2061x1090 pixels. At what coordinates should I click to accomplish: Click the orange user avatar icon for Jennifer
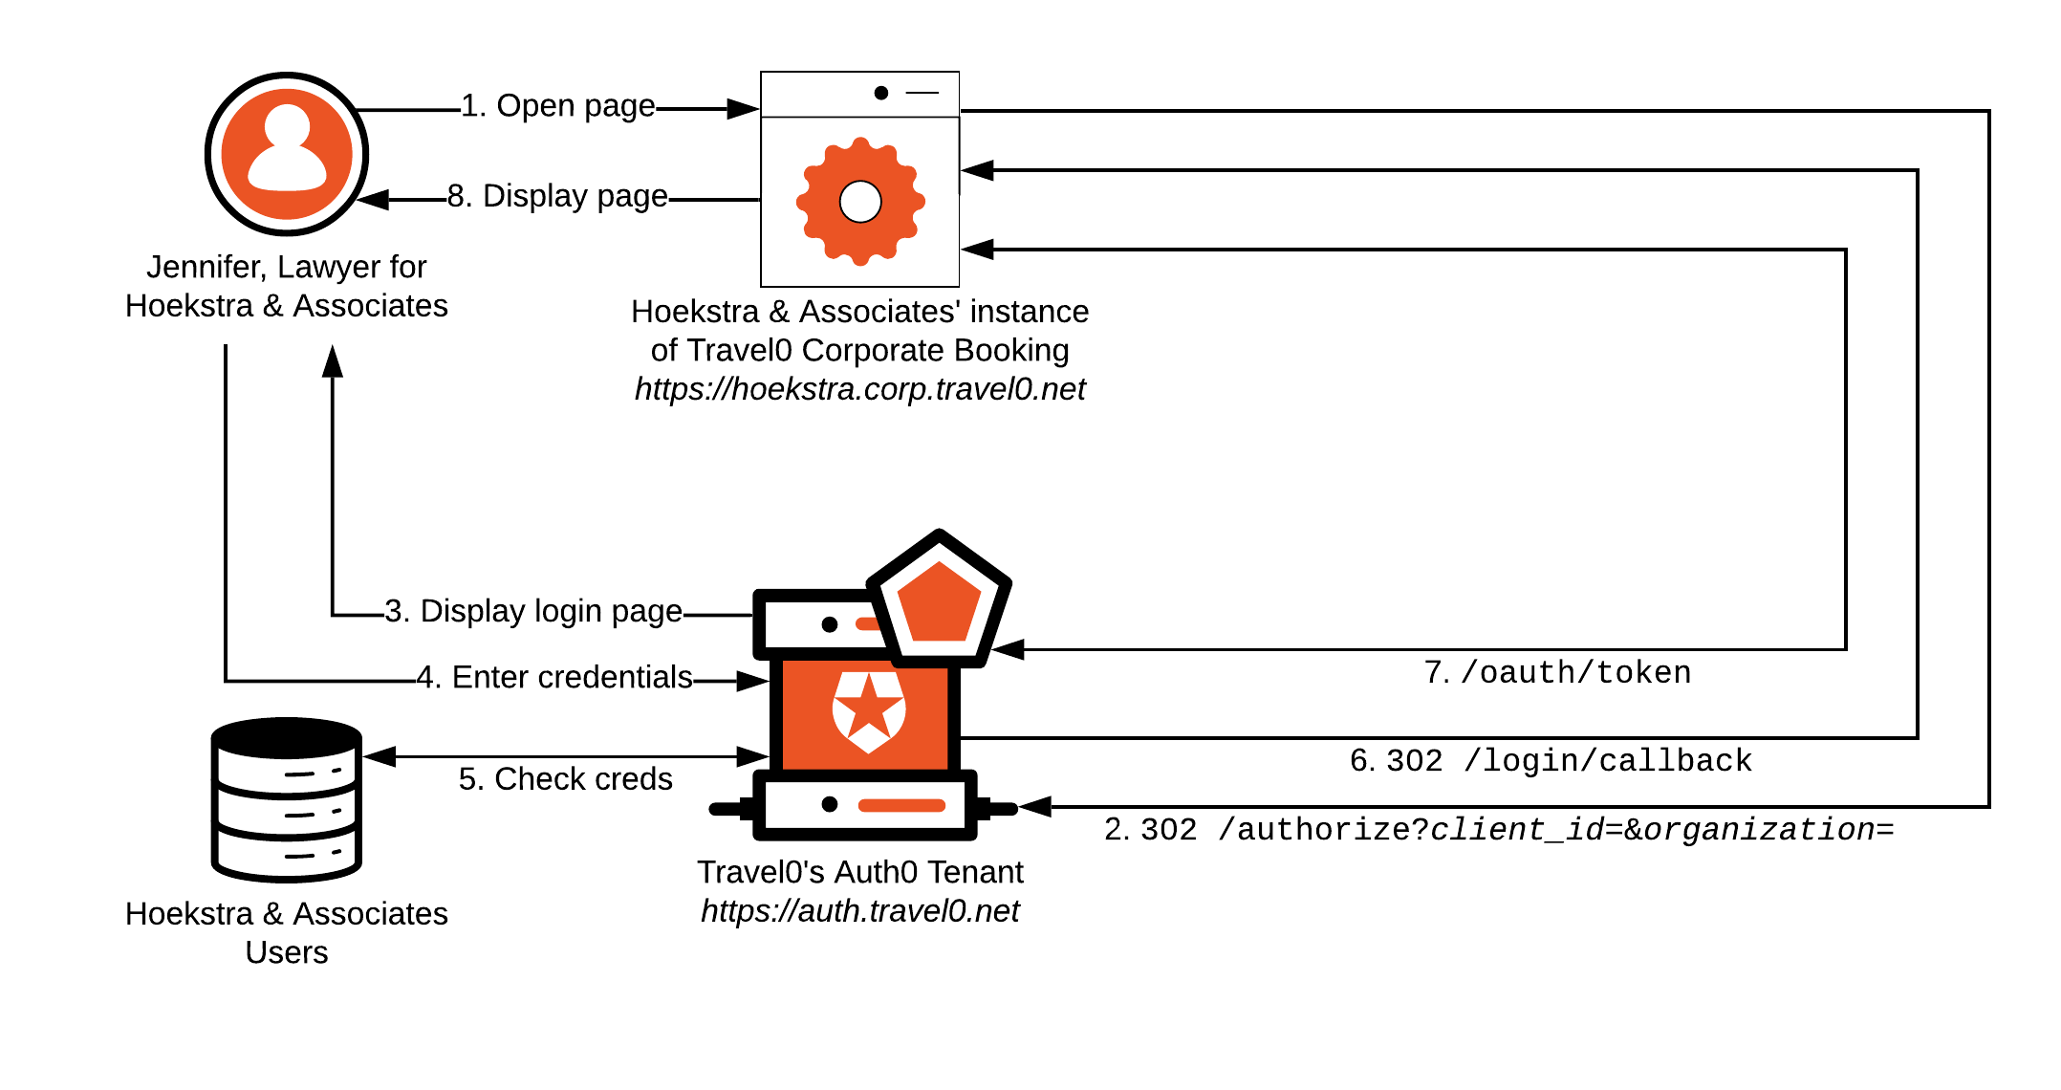pyautogui.click(x=287, y=154)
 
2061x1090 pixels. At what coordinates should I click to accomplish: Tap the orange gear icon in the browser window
pyautogui.click(x=860, y=202)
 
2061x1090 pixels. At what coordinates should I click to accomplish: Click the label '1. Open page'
pyautogui.click(x=558, y=106)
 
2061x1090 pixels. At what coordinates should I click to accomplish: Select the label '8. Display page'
pyautogui.click(x=558, y=196)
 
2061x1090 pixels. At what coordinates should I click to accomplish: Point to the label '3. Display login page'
pyautogui.click(x=533, y=611)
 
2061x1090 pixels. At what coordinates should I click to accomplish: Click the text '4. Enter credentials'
pyautogui.click(x=555, y=677)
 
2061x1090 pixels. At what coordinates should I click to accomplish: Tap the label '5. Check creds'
pyautogui.click(x=565, y=779)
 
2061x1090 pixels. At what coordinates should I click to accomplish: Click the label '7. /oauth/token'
pyautogui.click(x=1557, y=673)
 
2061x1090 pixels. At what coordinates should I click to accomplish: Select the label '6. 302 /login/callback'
pyautogui.click(x=1551, y=761)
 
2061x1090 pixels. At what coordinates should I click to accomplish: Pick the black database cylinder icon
pyautogui.click(x=287, y=799)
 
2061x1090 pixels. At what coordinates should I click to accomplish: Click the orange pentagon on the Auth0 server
pyautogui.click(x=940, y=603)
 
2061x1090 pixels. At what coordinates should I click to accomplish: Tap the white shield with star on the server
pyautogui.click(x=868, y=710)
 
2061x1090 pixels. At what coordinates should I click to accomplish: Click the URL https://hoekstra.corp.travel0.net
pyautogui.click(x=859, y=389)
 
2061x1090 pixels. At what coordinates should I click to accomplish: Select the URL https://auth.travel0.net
pyautogui.click(x=859, y=911)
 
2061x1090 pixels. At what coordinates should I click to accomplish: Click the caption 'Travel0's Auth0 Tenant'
pyautogui.click(x=859, y=872)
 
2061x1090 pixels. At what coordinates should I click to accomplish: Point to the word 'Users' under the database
pyautogui.click(x=286, y=952)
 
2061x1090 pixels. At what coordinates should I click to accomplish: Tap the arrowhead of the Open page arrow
pyautogui.click(x=743, y=109)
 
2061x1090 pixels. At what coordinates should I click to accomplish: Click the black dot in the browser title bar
pyautogui.click(x=881, y=93)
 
